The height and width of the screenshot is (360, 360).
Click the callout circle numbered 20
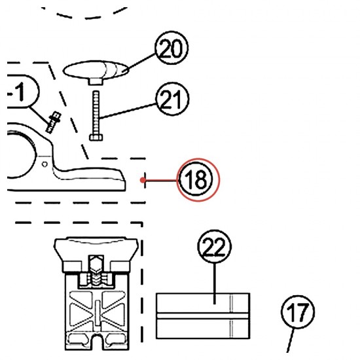171,48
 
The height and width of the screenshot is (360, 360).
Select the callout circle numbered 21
172,99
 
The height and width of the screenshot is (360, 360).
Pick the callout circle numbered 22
215,246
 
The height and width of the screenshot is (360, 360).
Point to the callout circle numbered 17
298,312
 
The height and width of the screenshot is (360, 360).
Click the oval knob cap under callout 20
96,70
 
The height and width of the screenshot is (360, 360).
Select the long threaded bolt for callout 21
96,116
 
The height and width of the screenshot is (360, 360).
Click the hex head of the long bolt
96,137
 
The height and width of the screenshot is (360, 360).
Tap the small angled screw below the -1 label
53,122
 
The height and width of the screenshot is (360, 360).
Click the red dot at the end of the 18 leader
143,180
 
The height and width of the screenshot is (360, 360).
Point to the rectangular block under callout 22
203,315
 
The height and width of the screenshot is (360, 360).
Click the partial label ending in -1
22,92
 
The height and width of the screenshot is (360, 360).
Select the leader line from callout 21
128,111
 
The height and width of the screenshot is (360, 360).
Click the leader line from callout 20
139,62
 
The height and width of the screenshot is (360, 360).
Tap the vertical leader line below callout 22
215,284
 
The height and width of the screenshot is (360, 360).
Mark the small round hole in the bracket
45,164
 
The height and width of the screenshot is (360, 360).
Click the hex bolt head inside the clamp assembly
96,263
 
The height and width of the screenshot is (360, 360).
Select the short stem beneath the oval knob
95,81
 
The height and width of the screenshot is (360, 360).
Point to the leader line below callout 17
290,340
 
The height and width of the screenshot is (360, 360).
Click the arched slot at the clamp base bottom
98,342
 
